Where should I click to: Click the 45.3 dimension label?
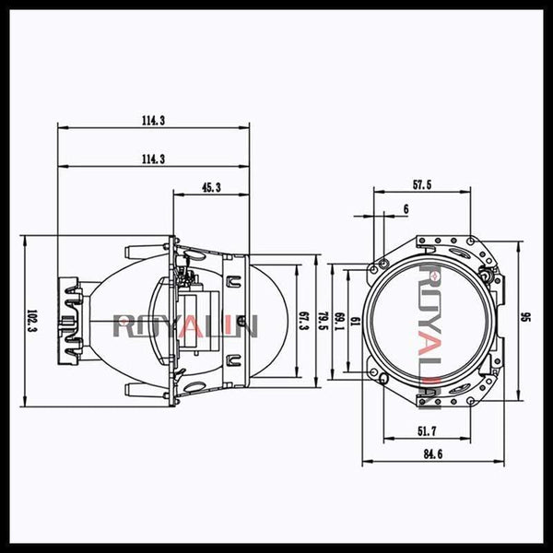coord(210,188)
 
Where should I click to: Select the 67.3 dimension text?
coord(303,320)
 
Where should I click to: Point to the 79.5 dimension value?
coord(322,320)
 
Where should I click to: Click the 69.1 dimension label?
coord(339,320)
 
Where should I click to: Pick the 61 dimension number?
coord(357,320)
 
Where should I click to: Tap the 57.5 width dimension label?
coord(422,185)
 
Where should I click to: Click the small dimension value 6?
coord(406,209)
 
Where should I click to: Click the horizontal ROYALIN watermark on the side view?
coord(184,325)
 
